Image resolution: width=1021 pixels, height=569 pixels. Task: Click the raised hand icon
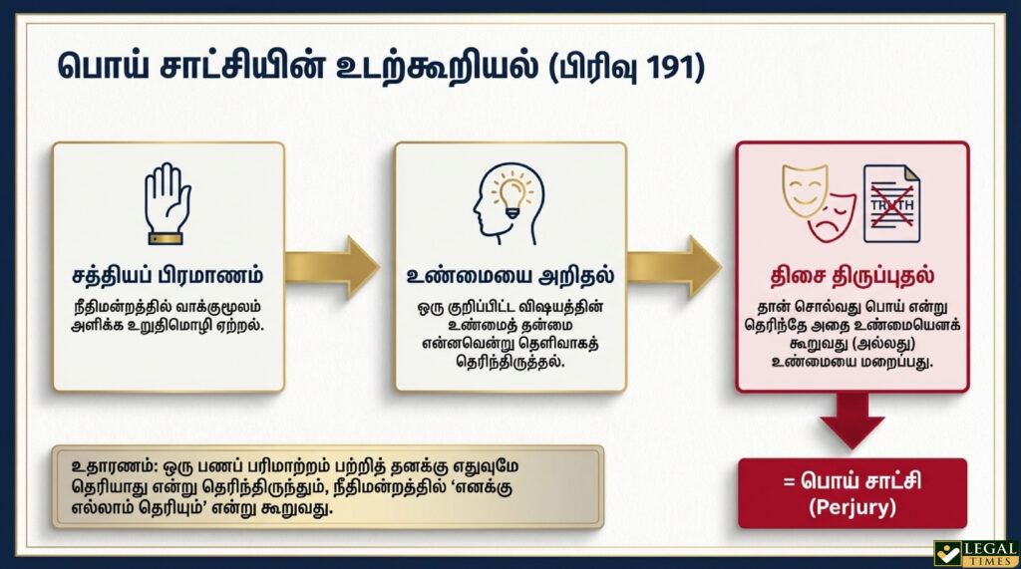pyautogui.click(x=168, y=203)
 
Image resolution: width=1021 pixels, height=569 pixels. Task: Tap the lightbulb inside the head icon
pyautogui.click(x=512, y=194)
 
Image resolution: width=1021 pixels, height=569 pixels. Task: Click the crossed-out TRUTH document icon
pyautogui.click(x=891, y=203)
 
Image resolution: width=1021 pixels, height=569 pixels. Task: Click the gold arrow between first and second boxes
pyautogui.click(x=332, y=267)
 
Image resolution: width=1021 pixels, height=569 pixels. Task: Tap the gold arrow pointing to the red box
pyautogui.click(x=674, y=267)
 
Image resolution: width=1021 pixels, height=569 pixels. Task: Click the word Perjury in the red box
pyautogui.click(x=852, y=507)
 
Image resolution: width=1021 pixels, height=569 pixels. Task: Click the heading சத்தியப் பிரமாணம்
pyautogui.click(x=168, y=275)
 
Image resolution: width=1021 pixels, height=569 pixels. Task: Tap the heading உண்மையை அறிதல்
pyautogui.click(x=510, y=275)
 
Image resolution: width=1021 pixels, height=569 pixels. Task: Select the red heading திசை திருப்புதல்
pyautogui.click(x=852, y=275)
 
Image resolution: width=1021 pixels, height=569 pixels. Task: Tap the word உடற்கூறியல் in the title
pyautogui.click(x=437, y=68)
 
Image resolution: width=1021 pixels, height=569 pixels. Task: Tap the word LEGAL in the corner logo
pyautogui.click(x=990, y=549)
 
